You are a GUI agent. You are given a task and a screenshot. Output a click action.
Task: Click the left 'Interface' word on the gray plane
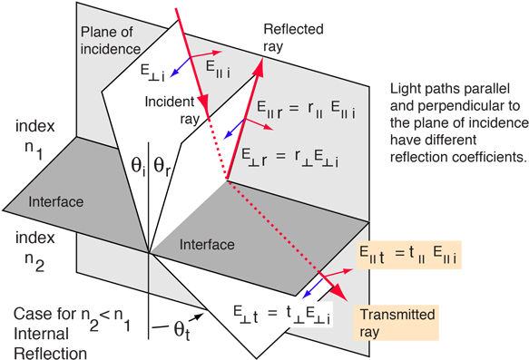point(55,201)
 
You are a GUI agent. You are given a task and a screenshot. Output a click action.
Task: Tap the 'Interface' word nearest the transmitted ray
point(207,245)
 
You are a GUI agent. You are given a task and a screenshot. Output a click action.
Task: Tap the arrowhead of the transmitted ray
point(339,292)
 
